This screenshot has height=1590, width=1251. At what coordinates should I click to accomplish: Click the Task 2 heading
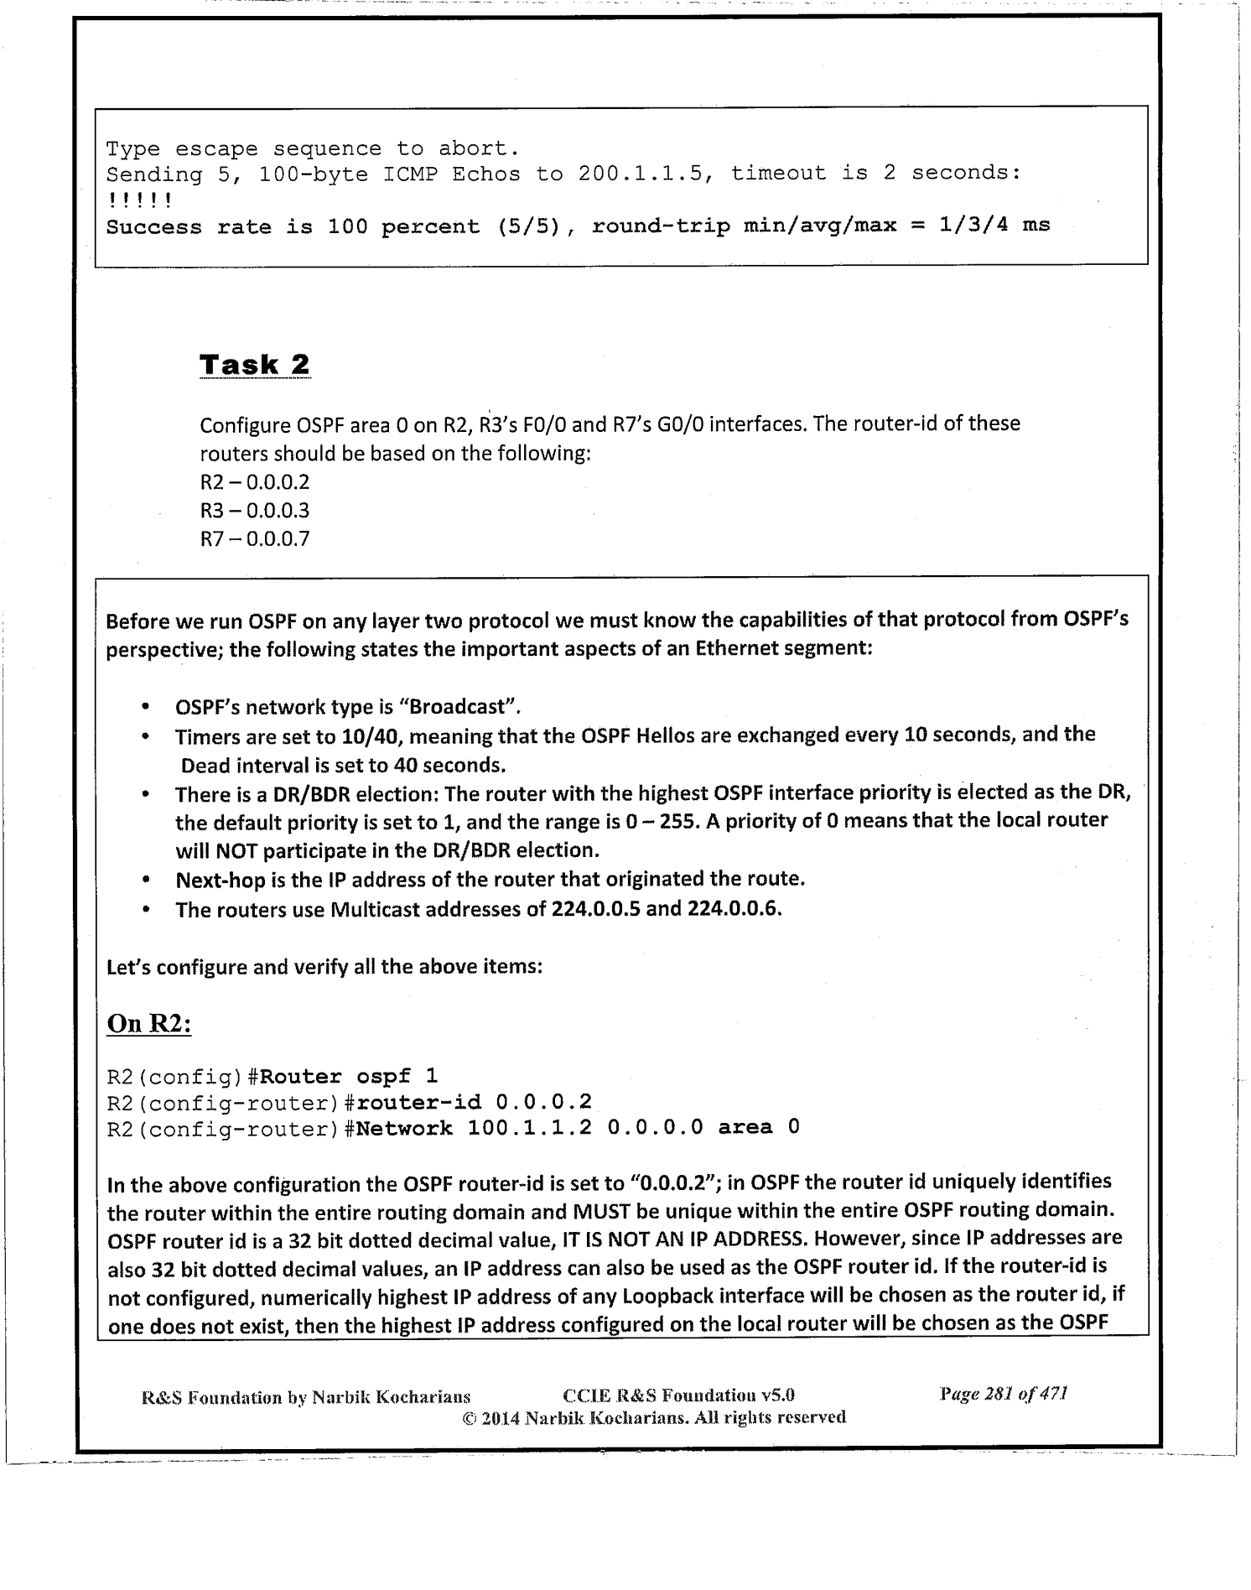255,365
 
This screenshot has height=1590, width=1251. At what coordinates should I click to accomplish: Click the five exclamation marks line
139,200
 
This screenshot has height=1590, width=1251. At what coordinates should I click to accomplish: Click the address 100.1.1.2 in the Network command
529,1128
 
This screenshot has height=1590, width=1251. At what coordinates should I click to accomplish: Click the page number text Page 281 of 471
1004,1395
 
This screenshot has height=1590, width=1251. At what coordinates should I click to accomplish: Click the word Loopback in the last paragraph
665,1297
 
